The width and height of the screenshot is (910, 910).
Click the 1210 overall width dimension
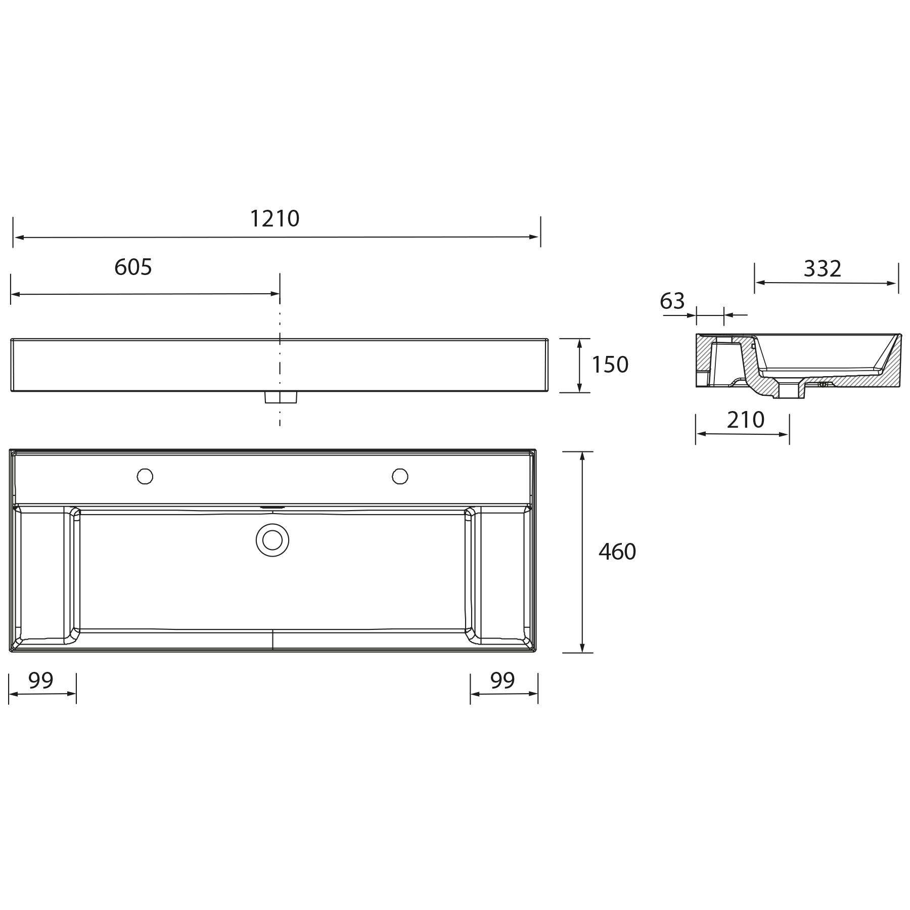pyautogui.click(x=275, y=219)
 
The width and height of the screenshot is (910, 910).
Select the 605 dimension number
pyautogui.click(x=133, y=267)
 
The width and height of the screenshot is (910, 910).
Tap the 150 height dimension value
pyautogui.click(x=610, y=365)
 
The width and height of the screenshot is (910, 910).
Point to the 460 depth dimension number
pyautogui.click(x=617, y=552)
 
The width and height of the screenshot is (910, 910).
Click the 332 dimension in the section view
pyautogui.click(x=822, y=269)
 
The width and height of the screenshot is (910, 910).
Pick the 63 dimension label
pyautogui.click(x=672, y=301)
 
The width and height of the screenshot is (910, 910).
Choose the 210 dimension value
pyautogui.click(x=745, y=420)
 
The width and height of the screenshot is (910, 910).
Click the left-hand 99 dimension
pyautogui.click(x=40, y=680)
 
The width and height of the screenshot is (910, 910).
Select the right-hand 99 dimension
pyautogui.click(x=502, y=680)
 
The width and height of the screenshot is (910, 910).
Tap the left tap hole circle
pyautogui.click(x=145, y=476)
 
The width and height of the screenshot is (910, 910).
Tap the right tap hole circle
pyautogui.click(x=400, y=476)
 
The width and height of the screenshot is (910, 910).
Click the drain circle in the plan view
pyautogui.click(x=272, y=540)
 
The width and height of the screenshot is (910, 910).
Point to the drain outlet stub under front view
pyautogui.click(x=281, y=397)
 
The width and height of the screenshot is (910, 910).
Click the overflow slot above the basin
pyautogui.click(x=272, y=507)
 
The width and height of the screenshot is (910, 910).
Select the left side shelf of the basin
pyautogui.click(x=42, y=576)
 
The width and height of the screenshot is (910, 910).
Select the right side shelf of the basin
pyautogui.click(x=503, y=576)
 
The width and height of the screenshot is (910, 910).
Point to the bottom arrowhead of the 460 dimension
pyautogui.click(x=582, y=648)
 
